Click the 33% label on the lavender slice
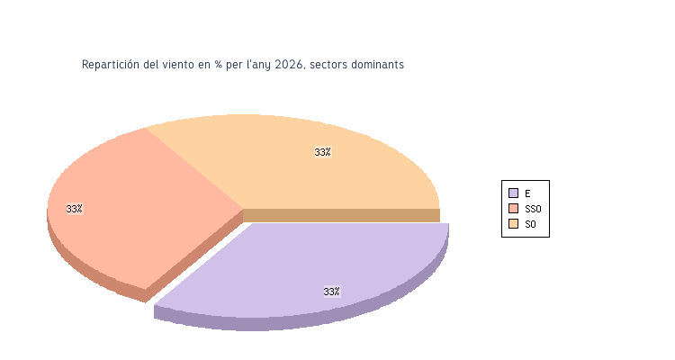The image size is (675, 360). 331,292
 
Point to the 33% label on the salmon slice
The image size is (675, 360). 74,209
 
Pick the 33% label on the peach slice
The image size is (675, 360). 322,152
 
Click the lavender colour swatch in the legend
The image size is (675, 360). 513,193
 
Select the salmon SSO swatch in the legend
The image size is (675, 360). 513,208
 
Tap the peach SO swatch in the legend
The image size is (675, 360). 513,223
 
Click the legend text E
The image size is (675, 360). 527,193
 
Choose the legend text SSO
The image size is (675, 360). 533,209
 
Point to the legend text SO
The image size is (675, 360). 530,224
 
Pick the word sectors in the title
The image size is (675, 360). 329,65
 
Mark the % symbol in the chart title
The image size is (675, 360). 218,65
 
